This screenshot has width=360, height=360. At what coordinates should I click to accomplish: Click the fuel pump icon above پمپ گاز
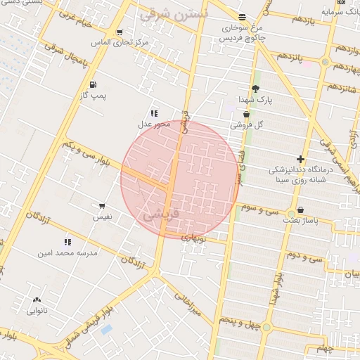(94, 85)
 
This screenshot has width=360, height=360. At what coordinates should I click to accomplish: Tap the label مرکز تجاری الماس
(120, 43)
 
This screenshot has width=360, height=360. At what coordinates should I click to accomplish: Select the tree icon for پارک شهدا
(255, 89)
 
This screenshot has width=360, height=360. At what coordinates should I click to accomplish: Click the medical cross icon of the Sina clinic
(301, 160)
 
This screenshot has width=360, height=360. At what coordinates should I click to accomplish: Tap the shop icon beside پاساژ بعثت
(301, 210)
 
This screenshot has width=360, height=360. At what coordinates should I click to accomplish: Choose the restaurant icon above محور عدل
(154, 113)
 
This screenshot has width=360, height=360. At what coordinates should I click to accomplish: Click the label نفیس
(103, 217)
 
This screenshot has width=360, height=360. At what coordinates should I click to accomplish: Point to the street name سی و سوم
(260, 210)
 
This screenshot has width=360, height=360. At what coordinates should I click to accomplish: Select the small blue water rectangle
(106, 329)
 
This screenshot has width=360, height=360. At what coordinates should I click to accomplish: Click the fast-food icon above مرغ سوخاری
(242, 17)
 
